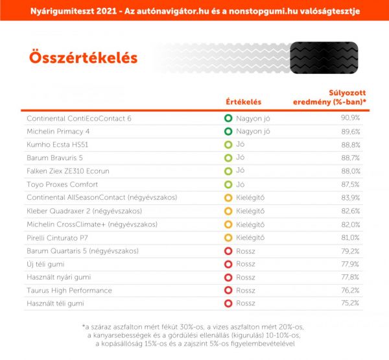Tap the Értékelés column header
243,102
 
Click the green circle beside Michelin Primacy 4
228,131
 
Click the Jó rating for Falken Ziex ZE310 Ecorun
240,171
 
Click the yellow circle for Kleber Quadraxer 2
228,211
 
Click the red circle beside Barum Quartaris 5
228,250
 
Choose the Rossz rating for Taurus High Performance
245,290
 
